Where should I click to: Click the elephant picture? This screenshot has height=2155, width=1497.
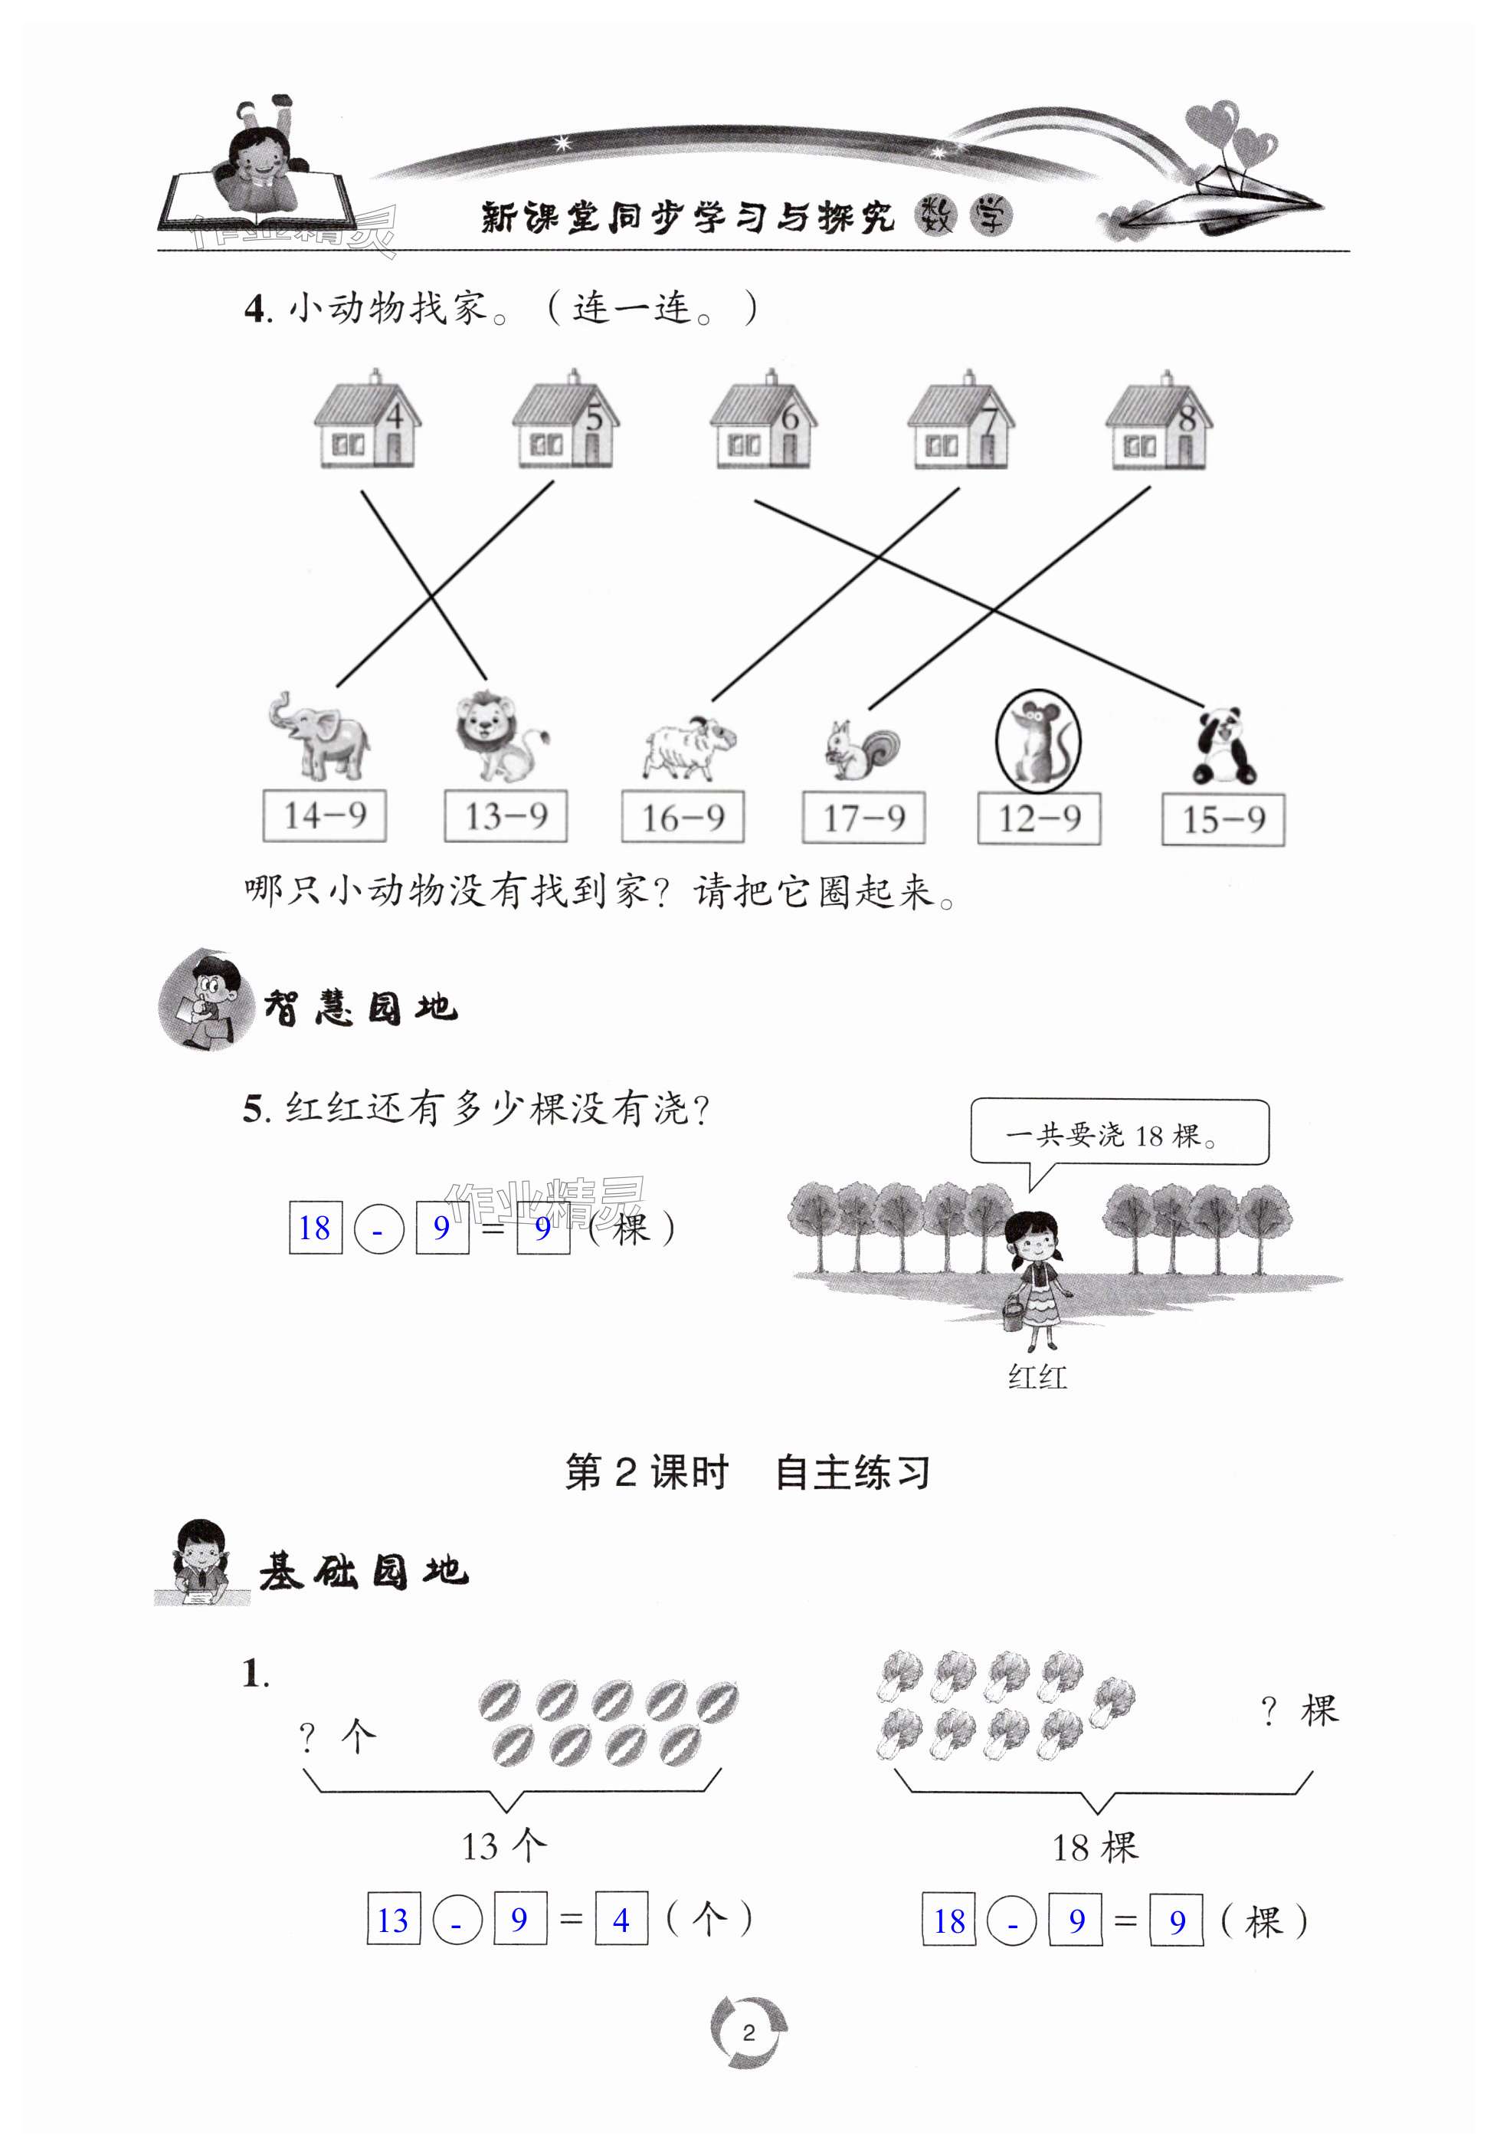[x=319, y=736]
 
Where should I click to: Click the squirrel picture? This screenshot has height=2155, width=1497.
[x=862, y=749]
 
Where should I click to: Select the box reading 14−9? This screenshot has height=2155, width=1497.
[x=325, y=815]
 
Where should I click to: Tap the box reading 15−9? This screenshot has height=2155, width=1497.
[x=1223, y=820]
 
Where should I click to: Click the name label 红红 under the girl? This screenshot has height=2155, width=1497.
[x=1037, y=1377]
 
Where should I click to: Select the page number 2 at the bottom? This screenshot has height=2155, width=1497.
[x=748, y=2032]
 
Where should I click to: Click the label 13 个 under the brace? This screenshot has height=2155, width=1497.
[x=503, y=1846]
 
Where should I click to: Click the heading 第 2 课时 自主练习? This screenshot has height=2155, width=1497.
[x=748, y=1473]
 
